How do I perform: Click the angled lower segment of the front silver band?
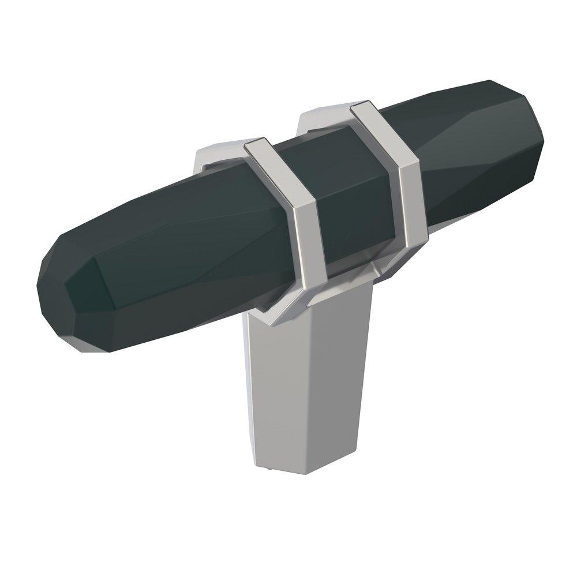[283, 303]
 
